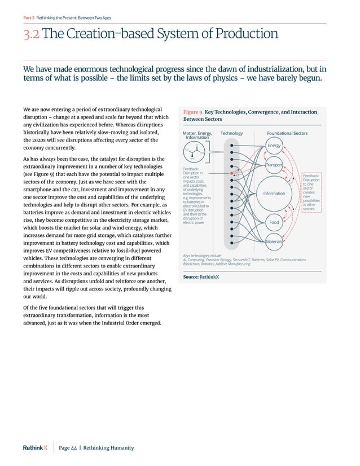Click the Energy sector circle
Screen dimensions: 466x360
(x=274, y=146)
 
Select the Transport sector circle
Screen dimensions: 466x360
(x=274, y=165)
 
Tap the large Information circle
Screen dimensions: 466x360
(x=274, y=194)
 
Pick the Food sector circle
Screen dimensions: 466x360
(x=274, y=222)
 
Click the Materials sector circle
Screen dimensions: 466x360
(x=274, y=241)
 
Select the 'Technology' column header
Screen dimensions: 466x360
(x=231, y=133)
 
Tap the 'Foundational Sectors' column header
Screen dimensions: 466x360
(x=287, y=133)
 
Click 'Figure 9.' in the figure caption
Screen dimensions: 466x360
(x=194, y=112)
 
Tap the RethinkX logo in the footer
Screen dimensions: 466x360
(x=35, y=448)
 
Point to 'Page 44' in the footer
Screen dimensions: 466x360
(x=68, y=448)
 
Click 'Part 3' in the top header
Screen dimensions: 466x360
(x=28, y=17)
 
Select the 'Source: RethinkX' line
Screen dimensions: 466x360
(x=201, y=278)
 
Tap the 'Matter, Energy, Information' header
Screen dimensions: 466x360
(x=197, y=135)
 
